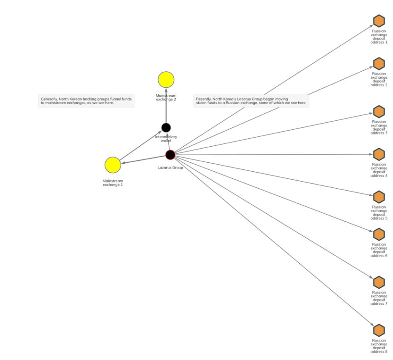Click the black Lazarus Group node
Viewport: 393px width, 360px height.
[x=170, y=155]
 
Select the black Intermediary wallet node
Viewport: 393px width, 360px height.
[x=166, y=128]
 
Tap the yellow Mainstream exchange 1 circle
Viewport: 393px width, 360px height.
[x=113, y=165]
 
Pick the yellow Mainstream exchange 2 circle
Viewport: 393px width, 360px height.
[x=166, y=79]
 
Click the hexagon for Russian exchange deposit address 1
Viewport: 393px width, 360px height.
[x=379, y=21]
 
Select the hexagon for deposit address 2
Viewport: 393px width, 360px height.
[x=379, y=64]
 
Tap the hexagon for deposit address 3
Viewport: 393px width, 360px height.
[x=379, y=112]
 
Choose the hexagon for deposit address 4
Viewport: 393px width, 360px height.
[x=379, y=154]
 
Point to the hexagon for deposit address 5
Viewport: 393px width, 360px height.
[x=379, y=197]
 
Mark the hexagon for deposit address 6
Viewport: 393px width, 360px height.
[x=379, y=234]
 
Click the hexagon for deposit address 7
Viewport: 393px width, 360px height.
[x=379, y=282]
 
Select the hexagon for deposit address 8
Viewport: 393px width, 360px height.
[x=379, y=330]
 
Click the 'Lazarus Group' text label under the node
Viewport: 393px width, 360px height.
[x=170, y=168]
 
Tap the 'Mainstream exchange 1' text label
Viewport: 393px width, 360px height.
[x=113, y=182]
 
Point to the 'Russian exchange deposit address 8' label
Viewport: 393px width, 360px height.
[x=379, y=346]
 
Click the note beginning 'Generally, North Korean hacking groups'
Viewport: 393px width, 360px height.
[x=86, y=101]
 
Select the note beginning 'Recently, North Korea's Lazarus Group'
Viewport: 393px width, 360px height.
[x=251, y=101]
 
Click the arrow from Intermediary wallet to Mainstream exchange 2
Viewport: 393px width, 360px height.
[x=166, y=107]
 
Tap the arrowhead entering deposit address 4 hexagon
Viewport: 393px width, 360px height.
[x=371, y=154]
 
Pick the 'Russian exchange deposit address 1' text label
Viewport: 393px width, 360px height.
[x=379, y=36]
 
